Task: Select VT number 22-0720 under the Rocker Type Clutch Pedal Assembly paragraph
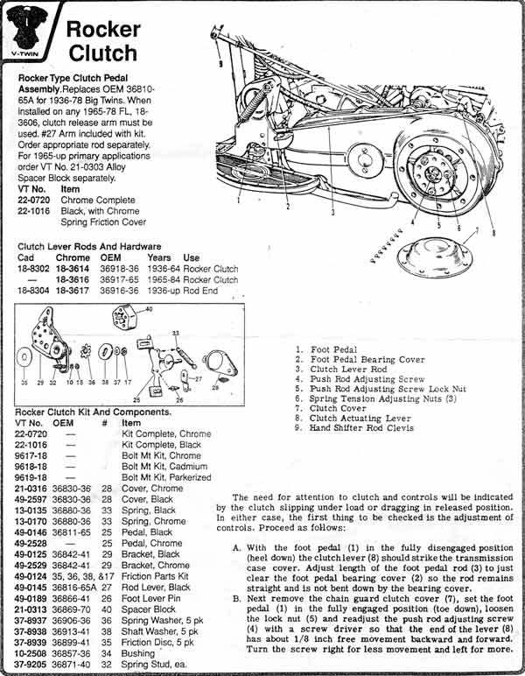click(x=36, y=200)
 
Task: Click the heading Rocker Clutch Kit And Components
click(x=94, y=412)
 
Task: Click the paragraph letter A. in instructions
click(x=237, y=547)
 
